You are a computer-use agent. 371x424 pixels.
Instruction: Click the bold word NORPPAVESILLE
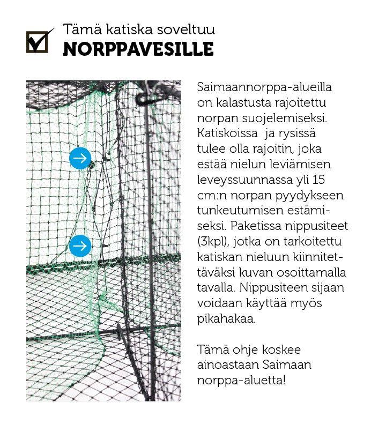138,49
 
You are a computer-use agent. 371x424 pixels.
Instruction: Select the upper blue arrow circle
80,158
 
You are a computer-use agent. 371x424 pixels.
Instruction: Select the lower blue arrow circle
80,246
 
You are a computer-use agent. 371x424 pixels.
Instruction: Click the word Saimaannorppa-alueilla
265,87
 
